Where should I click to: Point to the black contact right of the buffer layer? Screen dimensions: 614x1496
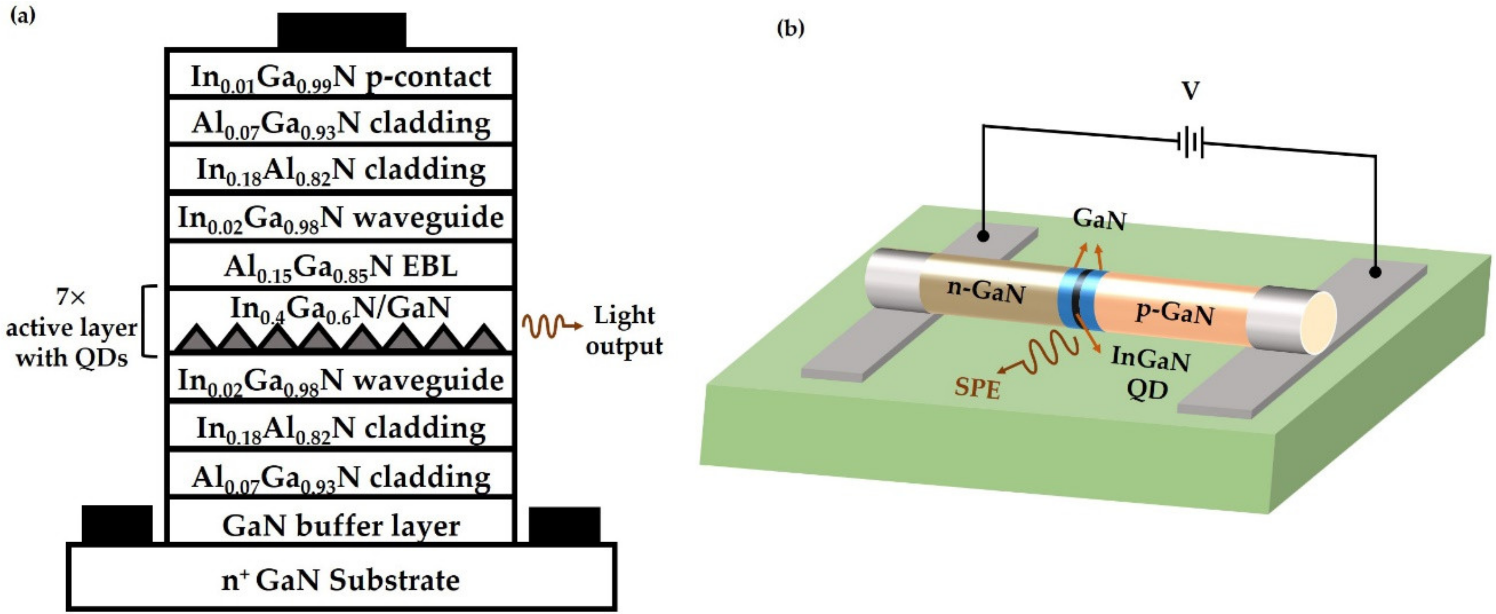565,524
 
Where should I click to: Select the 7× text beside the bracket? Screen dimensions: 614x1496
71,298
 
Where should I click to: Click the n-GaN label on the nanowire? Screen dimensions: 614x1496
986,290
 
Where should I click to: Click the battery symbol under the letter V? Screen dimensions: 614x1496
1191,142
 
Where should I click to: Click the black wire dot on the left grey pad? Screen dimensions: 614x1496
983,236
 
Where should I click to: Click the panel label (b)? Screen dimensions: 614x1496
791,28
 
